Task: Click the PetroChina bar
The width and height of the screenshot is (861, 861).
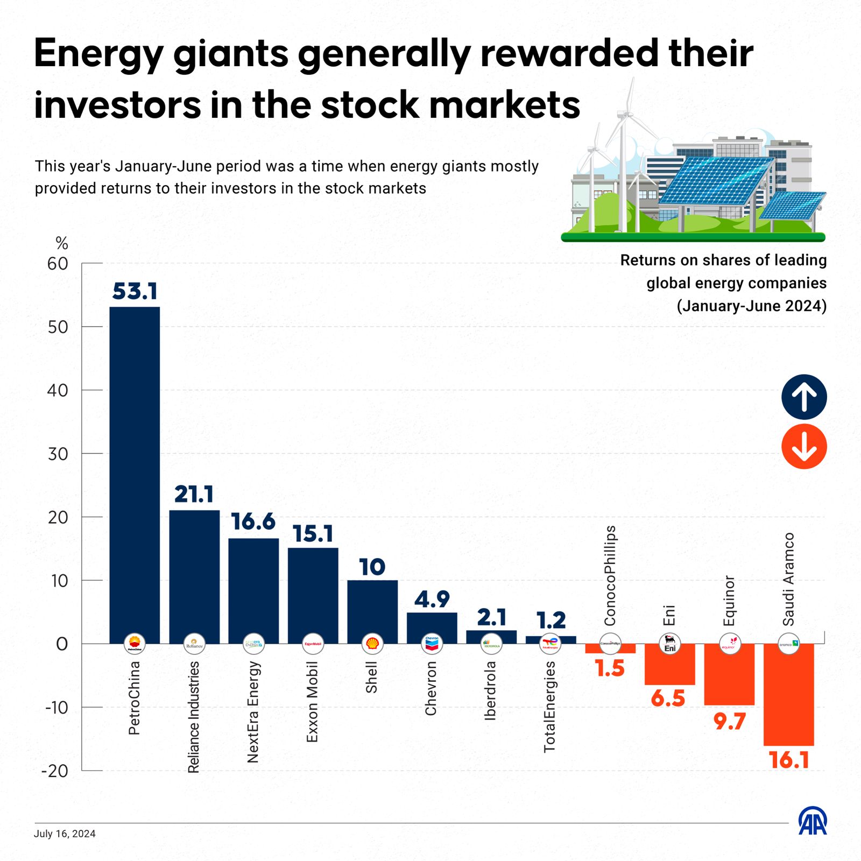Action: click(135, 474)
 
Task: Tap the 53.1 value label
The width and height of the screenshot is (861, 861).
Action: click(135, 291)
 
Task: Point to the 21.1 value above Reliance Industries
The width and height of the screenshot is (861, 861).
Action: click(194, 495)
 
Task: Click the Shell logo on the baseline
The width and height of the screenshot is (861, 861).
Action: click(372, 643)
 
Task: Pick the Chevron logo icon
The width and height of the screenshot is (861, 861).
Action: click(432, 643)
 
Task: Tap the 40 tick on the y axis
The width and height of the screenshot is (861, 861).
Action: click(58, 390)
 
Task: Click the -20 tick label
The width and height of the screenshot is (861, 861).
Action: click(55, 771)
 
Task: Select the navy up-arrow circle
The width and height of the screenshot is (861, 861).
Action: click(804, 397)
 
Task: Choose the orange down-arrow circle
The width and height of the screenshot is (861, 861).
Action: click(804, 447)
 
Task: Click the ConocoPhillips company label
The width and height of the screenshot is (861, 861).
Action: click(610, 576)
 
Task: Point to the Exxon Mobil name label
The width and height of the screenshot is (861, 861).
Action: click(312, 702)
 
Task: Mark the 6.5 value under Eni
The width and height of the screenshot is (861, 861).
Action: click(668, 698)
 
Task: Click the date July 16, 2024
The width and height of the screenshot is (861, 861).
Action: click(65, 834)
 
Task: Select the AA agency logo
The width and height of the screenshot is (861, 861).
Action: click(813, 821)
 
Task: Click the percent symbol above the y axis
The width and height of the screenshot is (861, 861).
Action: click(62, 244)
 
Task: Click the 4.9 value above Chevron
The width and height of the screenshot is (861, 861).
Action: click(432, 599)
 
